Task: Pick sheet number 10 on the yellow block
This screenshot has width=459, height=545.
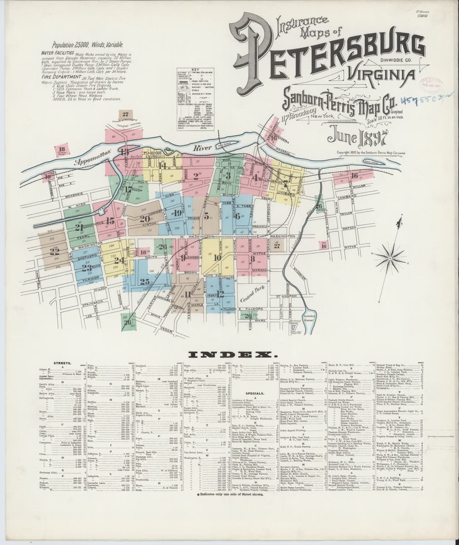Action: (x=217, y=258)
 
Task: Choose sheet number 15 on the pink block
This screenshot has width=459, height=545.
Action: (x=110, y=221)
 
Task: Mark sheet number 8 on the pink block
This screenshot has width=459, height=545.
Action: (x=252, y=259)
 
